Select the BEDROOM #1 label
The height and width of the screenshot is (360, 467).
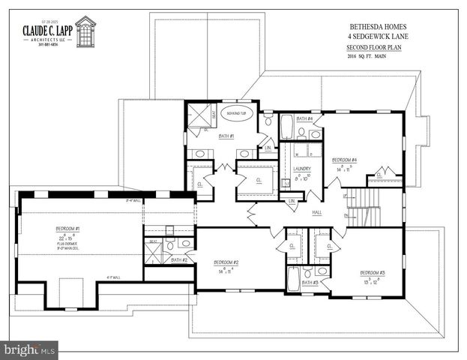(x=67, y=228)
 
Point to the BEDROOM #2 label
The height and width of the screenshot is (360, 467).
(x=226, y=262)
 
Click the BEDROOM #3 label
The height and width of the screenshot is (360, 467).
(x=373, y=273)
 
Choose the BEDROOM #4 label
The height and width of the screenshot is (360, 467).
(x=344, y=160)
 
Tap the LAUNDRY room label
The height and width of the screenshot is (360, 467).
(x=302, y=169)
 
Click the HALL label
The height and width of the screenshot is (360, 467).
(x=317, y=213)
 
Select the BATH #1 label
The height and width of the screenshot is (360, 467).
(x=226, y=136)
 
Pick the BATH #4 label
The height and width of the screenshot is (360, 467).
(x=304, y=118)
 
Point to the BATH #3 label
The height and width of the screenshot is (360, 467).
(x=310, y=283)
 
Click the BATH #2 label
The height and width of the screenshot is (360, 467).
(x=178, y=259)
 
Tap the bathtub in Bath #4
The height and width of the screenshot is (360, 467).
(x=286, y=127)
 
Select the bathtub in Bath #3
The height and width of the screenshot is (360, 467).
(x=293, y=277)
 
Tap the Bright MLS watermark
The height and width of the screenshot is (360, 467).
(x=30, y=349)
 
